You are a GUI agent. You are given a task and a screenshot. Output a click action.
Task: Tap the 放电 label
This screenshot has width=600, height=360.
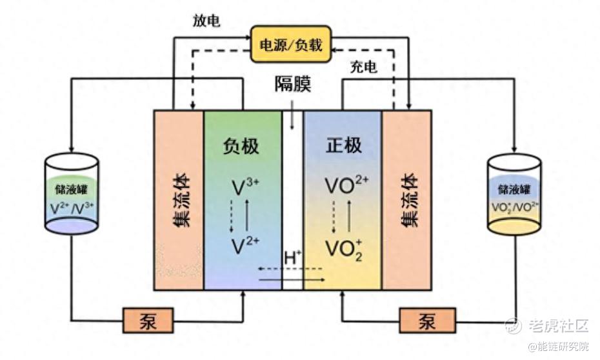pyautogui.click(x=206, y=21)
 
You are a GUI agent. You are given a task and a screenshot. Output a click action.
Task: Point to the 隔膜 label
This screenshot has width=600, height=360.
pyautogui.click(x=292, y=84)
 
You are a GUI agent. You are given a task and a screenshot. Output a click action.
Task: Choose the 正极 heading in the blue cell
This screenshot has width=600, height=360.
pyautogui.click(x=343, y=146)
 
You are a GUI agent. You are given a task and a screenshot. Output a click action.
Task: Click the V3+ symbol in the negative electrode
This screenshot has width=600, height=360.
pyautogui.click(x=244, y=187)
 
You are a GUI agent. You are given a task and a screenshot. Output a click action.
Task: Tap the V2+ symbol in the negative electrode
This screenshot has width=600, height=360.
pyautogui.click(x=244, y=245)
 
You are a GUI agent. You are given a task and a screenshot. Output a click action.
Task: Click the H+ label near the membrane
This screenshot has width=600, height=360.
pyautogui.click(x=293, y=257)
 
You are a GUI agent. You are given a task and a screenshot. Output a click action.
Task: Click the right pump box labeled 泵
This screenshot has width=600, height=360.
pyautogui.click(x=426, y=319)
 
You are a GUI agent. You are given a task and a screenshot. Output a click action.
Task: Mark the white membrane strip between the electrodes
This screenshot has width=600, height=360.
pyautogui.click(x=293, y=194)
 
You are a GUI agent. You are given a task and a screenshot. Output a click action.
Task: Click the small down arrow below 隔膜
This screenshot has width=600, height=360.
pyautogui.click(x=293, y=119)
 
